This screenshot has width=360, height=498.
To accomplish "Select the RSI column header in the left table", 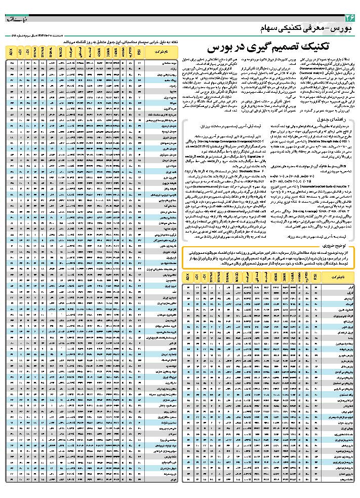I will tap(139, 52).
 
